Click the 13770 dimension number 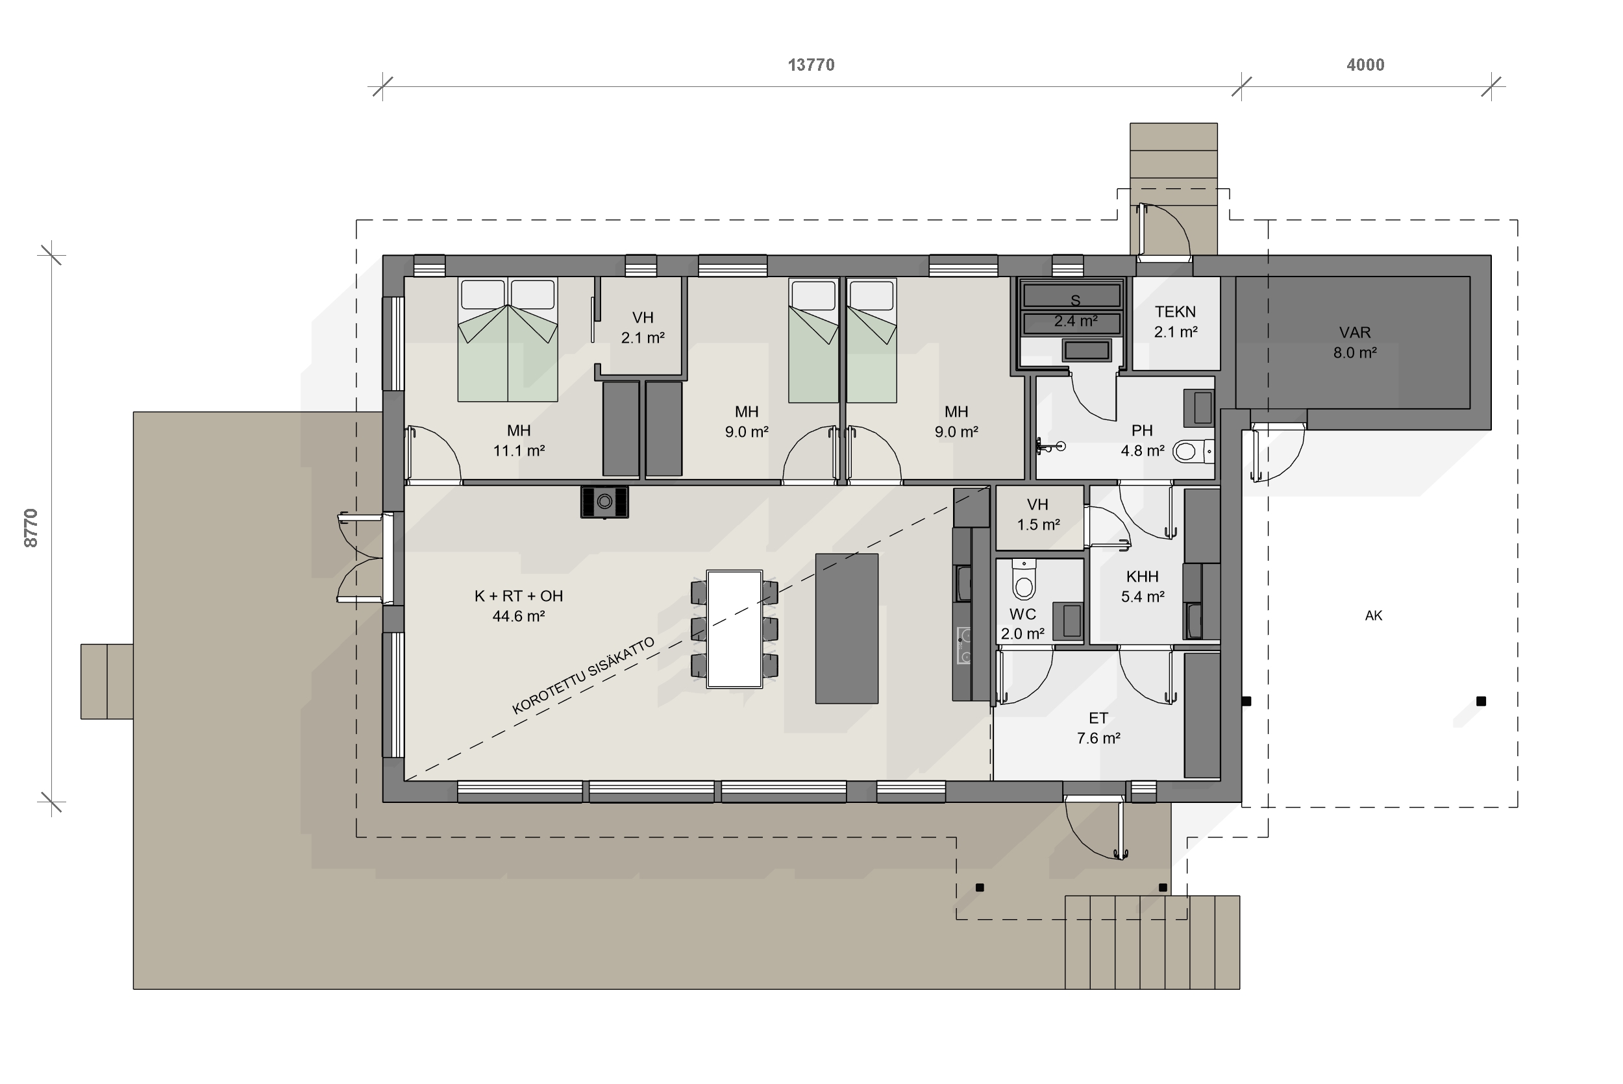coord(811,65)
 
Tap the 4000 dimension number coord(1365,65)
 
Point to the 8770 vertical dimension coord(31,528)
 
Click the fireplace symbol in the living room coord(604,502)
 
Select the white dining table coord(734,629)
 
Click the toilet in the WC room coord(1024,580)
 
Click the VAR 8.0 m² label coord(1355,342)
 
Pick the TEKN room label coord(1175,312)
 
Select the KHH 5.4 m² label coord(1142,586)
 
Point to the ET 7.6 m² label coord(1098,728)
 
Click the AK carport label coord(1374,615)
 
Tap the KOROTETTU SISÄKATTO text coord(584,676)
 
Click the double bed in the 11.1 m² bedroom coord(508,339)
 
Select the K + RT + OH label coord(519,596)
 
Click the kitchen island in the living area coord(847,628)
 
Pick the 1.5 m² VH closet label coord(1038,515)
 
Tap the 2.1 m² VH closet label coord(643,328)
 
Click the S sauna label coord(1076,300)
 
